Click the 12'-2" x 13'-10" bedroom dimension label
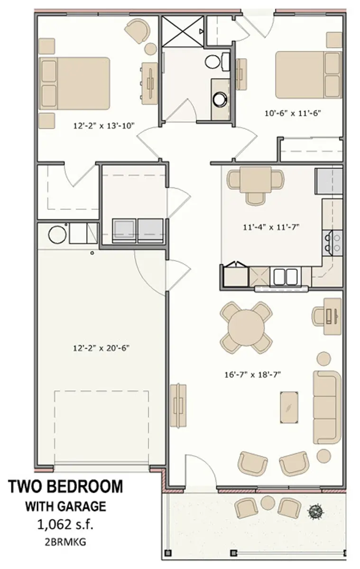(x=104, y=126)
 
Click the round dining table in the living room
(x=246, y=327)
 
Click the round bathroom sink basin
(x=220, y=99)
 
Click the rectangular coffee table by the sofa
(x=289, y=407)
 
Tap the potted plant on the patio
(x=314, y=510)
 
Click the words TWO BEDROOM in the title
(x=65, y=486)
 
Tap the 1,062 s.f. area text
(x=65, y=524)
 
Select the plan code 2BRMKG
(x=65, y=541)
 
